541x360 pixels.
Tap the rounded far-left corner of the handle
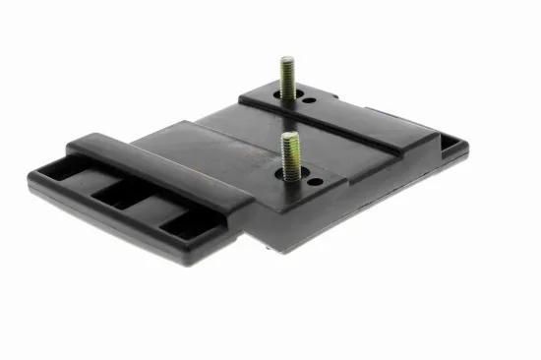click(x=35, y=182)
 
